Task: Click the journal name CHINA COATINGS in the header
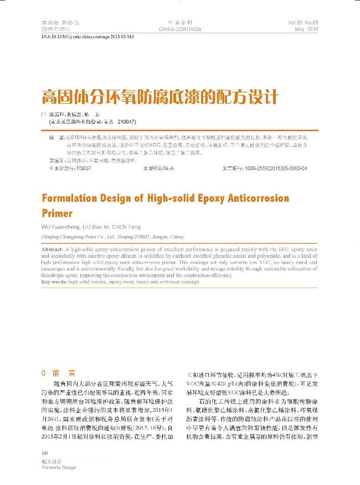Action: click(179, 29)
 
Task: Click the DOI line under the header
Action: click(88, 36)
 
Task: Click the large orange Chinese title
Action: click(159, 97)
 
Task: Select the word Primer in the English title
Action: click(58, 213)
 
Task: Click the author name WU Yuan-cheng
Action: click(61, 227)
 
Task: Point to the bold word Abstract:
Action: click(53, 251)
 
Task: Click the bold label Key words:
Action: click(54, 282)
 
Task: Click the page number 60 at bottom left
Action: click(45, 455)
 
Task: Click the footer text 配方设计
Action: click(50, 461)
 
